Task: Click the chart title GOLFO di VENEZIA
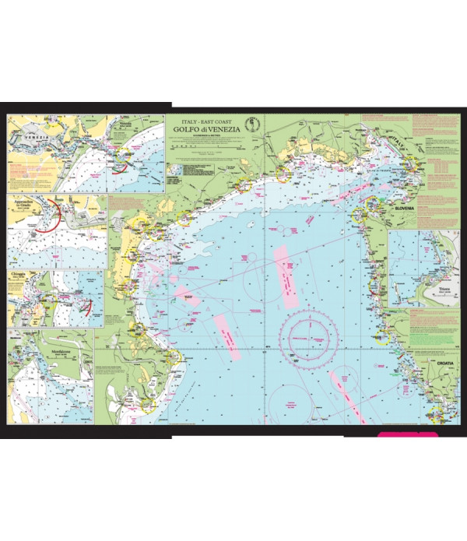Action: (204, 132)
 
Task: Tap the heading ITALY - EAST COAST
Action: (204, 123)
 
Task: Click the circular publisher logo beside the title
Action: (251, 125)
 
